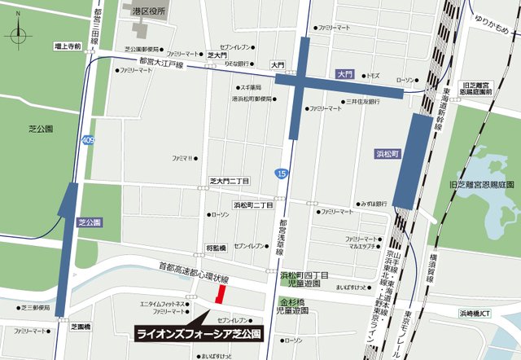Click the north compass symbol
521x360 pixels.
19,35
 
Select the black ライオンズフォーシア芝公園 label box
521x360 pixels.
199,334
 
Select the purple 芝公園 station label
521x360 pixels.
88,222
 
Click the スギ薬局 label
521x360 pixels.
248,87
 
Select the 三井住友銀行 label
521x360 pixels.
363,102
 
